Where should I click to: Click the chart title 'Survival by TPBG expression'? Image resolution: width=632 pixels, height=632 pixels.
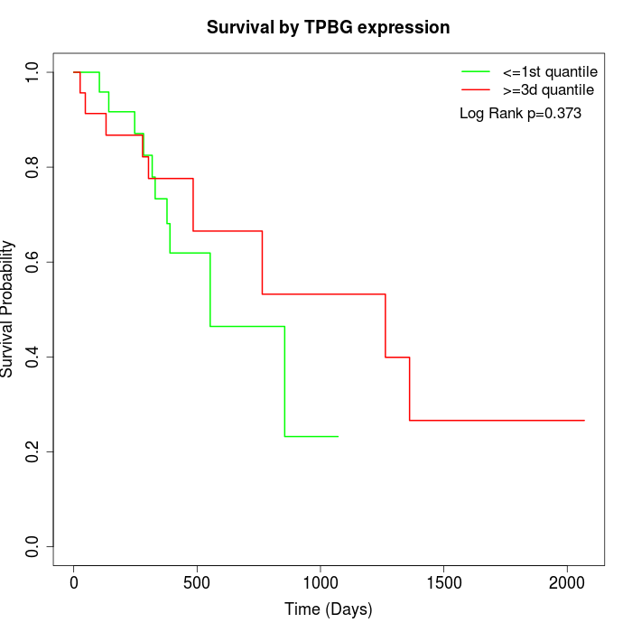[328, 27]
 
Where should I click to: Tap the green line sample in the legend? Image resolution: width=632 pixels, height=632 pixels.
[476, 71]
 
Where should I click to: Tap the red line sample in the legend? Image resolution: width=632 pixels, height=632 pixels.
[476, 89]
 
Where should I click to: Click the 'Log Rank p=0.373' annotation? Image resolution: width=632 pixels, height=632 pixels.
[520, 114]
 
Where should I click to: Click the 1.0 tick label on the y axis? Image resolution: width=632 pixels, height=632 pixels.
[33, 72]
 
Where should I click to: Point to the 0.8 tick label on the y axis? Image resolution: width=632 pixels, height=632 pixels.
[33, 167]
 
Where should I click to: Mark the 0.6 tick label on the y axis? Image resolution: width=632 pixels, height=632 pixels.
[33, 262]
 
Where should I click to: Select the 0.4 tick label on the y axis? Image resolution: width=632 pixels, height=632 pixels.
[33, 357]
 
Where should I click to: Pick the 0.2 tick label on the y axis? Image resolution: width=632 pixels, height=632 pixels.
[33, 451]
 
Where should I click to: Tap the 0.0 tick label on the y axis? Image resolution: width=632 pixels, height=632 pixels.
[33, 546]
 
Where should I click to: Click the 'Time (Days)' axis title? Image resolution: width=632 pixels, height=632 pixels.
[328, 609]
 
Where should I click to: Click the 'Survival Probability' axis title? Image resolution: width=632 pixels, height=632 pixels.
[9, 309]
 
